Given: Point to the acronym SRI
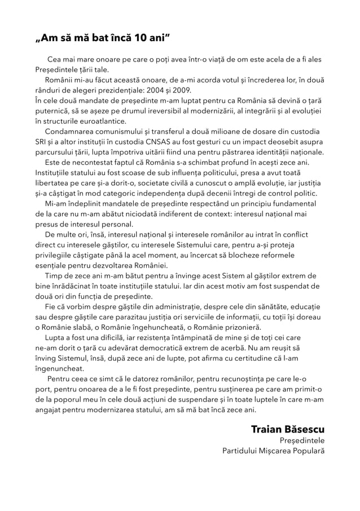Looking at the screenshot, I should (41, 142).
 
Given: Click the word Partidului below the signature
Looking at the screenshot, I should (242, 451).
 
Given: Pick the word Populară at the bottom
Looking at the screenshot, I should (308, 451).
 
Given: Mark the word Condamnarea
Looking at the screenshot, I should (69, 132).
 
